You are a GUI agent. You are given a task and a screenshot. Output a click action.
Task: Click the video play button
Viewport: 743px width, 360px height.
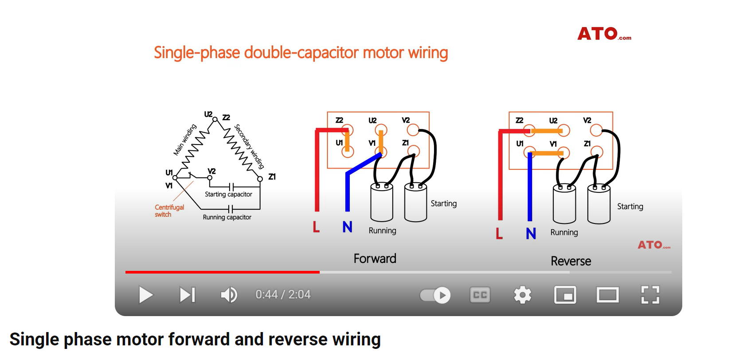coord(145,295)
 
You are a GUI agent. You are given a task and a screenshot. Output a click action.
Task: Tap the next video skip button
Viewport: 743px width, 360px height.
coord(187,295)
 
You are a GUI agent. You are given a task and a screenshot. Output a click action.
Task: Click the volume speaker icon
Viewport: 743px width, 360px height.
coord(229,295)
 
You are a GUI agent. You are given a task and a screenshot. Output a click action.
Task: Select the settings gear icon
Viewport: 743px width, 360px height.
coord(522,295)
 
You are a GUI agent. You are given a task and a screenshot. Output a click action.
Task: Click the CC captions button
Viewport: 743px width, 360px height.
coord(480,295)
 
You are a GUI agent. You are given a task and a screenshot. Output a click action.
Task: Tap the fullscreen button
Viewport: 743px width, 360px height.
coord(650,295)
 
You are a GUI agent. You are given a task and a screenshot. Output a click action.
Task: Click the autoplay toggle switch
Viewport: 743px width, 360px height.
coord(435,295)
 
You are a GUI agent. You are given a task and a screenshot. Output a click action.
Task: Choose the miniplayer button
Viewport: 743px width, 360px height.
coord(565,295)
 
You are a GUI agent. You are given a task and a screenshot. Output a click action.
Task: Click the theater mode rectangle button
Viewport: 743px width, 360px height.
coord(607,295)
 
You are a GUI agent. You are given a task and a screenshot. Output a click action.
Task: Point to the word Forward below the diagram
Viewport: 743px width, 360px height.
coord(375,258)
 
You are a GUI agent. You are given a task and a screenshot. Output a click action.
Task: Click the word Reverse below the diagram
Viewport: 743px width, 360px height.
coord(571,261)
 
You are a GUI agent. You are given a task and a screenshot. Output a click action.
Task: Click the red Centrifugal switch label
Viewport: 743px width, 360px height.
coord(169,211)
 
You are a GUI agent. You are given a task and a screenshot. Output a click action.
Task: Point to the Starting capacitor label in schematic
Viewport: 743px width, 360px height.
coord(228,194)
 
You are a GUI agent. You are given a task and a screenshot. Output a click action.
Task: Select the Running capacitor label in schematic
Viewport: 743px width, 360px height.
coord(227,217)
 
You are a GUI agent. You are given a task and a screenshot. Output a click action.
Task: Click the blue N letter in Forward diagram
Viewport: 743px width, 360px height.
coord(347,227)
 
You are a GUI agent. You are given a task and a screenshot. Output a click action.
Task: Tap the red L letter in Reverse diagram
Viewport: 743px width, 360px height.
coord(499,233)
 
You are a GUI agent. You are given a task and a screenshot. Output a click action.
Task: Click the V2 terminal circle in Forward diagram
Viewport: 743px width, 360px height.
coord(413,130)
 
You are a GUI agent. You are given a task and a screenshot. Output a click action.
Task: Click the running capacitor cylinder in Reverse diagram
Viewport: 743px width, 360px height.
coord(564,205)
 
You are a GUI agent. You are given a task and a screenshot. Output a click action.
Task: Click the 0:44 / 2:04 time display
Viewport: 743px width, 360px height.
coord(283,295)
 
